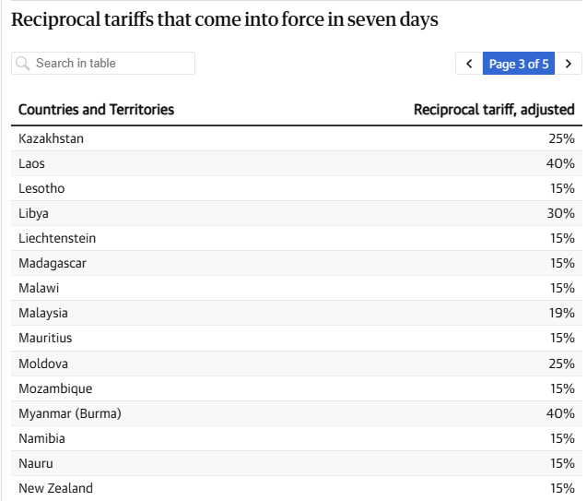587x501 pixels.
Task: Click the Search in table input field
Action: click(x=103, y=64)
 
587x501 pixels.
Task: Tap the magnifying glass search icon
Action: click(x=23, y=64)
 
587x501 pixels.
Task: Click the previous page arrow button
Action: click(x=469, y=64)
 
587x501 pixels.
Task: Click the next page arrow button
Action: click(x=569, y=64)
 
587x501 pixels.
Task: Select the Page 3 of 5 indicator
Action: click(x=519, y=64)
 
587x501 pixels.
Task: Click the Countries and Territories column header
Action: click(x=96, y=110)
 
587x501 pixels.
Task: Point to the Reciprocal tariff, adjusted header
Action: click(x=494, y=110)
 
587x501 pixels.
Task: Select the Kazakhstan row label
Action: click(x=51, y=138)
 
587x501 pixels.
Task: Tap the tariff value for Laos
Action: click(x=560, y=163)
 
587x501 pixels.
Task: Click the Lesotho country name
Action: click(x=41, y=188)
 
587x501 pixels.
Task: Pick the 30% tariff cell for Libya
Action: click(x=561, y=213)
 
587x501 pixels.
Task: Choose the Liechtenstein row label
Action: click(x=57, y=238)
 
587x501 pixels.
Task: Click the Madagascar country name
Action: click(x=53, y=264)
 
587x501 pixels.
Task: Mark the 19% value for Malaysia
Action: click(x=562, y=313)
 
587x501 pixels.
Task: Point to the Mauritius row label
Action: click(x=45, y=338)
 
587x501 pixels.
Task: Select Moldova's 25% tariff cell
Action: click(x=562, y=364)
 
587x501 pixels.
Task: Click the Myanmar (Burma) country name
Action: click(x=70, y=413)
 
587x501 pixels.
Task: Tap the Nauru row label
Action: click(x=36, y=463)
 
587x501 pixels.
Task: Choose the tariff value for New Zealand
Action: click(x=562, y=488)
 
